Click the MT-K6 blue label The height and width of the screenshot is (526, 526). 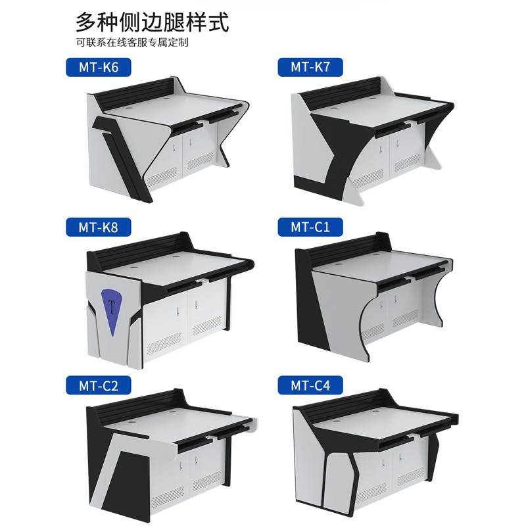98,68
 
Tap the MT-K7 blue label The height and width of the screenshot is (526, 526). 310,67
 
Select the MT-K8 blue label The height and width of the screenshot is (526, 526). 98,227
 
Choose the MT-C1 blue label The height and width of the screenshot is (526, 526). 310,227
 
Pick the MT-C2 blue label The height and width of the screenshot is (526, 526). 98,385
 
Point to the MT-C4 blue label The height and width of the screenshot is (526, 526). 310,385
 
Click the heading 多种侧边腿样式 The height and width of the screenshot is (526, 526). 153,22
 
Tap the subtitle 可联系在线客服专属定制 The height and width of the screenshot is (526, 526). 132,43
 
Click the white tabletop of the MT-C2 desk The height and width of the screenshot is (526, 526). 174,423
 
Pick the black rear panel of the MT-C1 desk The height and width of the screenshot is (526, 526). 349,249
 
